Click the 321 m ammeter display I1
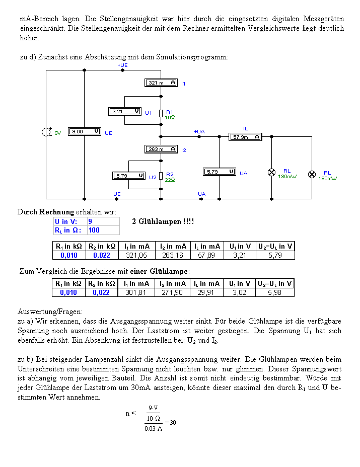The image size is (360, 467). (x=161, y=83)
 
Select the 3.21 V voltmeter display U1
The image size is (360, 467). (x=124, y=111)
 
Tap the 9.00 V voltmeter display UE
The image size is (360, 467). (x=85, y=131)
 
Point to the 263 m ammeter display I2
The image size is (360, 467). (x=161, y=149)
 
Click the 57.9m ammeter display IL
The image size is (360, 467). (x=245, y=137)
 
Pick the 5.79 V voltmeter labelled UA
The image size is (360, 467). (x=220, y=172)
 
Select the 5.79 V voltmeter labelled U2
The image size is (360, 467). (x=129, y=176)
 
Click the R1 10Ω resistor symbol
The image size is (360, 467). (x=161, y=113)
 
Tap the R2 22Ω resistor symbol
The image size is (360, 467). (x=161, y=176)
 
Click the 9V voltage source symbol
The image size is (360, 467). (x=46, y=132)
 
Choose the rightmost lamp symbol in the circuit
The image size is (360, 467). (x=312, y=174)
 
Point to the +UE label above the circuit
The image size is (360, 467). (x=122, y=65)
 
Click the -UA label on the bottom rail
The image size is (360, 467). (x=201, y=194)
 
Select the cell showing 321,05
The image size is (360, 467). (x=136, y=255)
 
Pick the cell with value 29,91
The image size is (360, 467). (x=206, y=292)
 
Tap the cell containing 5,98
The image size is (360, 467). (x=275, y=292)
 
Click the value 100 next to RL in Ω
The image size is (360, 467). (x=94, y=230)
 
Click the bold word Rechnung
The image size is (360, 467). (x=56, y=212)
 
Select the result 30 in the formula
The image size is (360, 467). (x=173, y=423)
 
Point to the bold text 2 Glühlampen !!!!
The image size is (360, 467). (x=163, y=221)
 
